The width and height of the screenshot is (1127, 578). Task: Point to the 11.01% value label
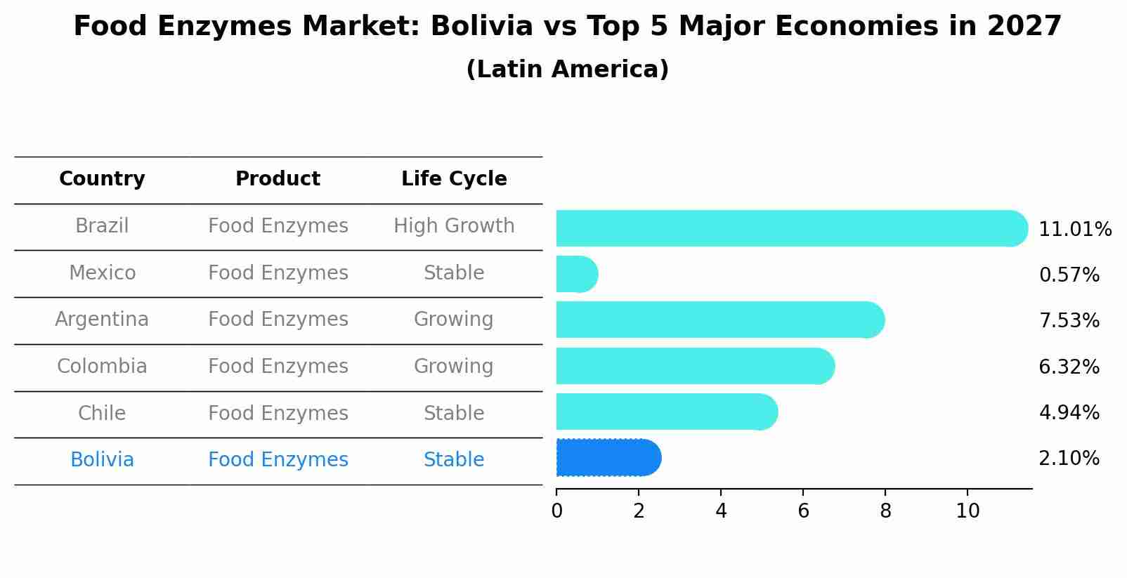click(1074, 230)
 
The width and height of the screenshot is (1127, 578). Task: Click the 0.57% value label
click(1069, 275)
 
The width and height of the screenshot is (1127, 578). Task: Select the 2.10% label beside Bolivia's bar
click(1069, 459)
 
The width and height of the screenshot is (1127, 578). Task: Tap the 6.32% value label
click(1069, 367)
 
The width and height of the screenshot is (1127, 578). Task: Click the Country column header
click(102, 179)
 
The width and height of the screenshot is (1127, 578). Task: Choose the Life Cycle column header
click(454, 179)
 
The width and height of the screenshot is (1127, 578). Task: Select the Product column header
click(278, 179)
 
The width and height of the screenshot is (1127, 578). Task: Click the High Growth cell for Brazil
click(454, 226)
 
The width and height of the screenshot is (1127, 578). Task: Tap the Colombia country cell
click(102, 367)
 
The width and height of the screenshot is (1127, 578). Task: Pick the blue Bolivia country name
click(102, 460)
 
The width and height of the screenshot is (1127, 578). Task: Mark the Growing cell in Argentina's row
click(454, 320)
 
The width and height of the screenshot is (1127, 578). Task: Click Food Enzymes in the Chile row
click(278, 414)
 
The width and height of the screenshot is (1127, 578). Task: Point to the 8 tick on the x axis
click(885, 511)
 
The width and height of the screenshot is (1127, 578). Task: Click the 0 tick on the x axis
click(556, 511)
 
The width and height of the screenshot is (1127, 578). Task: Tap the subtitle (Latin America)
click(567, 70)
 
